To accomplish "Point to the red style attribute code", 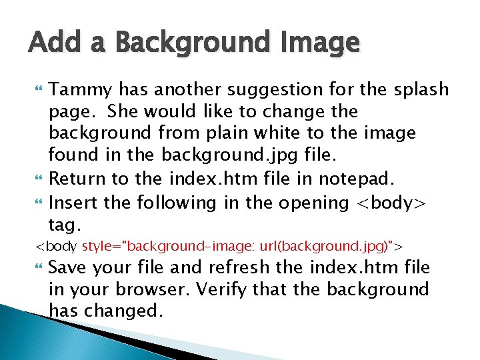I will point(238,247).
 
